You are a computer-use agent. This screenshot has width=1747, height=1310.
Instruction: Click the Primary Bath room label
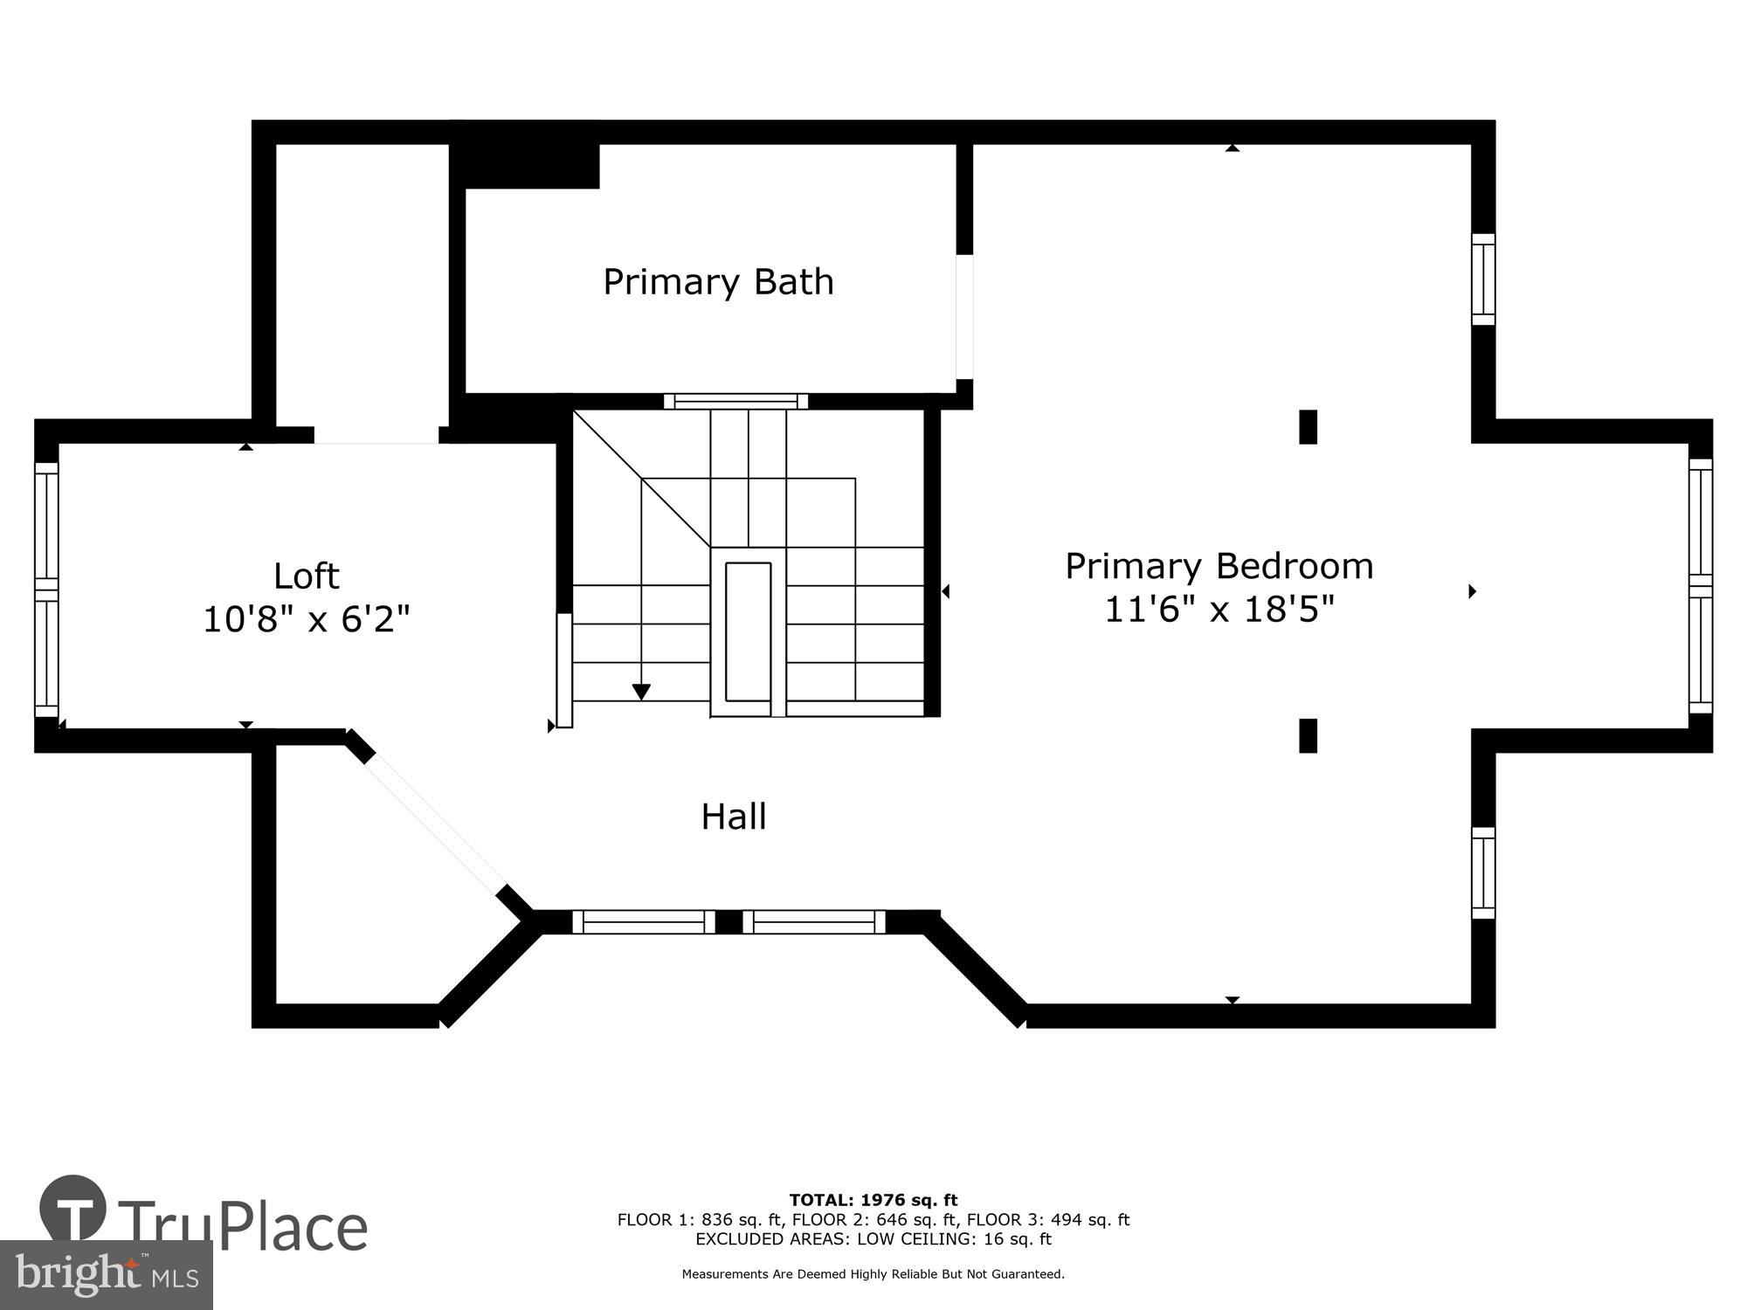click(x=718, y=282)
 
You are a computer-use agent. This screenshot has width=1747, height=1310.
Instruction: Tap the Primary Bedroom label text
click(x=1219, y=566)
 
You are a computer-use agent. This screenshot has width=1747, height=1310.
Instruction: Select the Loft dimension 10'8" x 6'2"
click(x=307, y=620)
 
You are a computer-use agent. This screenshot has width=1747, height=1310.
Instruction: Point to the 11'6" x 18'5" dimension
click(x=1219, y=610)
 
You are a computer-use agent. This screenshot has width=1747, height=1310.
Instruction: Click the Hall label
click(x=734, y=817)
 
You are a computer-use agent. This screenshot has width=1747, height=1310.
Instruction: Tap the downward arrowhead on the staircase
click(x=641, y=692)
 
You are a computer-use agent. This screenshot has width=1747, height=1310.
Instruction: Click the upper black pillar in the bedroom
click(x=1308, y=427)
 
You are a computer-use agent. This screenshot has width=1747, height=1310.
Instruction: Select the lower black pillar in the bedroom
click(x=1308, y=735)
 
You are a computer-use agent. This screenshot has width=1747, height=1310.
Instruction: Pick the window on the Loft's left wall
click(x=46, y=589)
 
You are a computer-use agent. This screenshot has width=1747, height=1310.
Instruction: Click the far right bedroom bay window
click(x=1700, y=586)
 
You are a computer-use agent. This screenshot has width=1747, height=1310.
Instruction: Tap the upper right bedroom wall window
click(x=1483, y=279)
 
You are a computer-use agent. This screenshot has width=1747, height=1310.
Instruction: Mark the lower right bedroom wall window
click(x=1483, y=872)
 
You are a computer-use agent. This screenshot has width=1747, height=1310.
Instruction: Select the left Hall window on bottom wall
click(x=644, y=922)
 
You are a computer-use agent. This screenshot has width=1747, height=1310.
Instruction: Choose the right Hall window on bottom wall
click(x=814, y=922)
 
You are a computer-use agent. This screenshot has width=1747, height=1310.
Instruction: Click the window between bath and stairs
click(x=735, y=402)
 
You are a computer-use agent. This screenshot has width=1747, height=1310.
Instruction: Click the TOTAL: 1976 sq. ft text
click(x=873, y=1200)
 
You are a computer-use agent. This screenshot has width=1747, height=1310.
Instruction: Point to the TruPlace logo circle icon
click(x=73, y=1210)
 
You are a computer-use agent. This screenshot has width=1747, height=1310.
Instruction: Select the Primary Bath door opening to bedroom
click(x=964, y=316)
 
